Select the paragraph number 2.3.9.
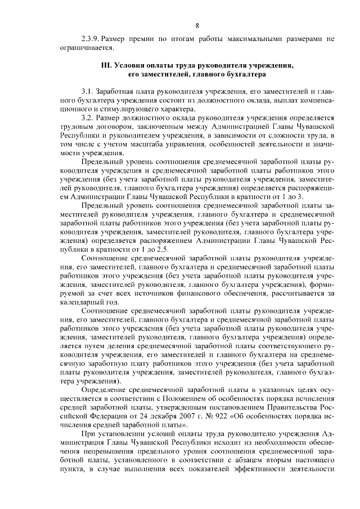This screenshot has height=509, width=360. click(91, 40)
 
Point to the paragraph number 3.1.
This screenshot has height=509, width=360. click(87, 91)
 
